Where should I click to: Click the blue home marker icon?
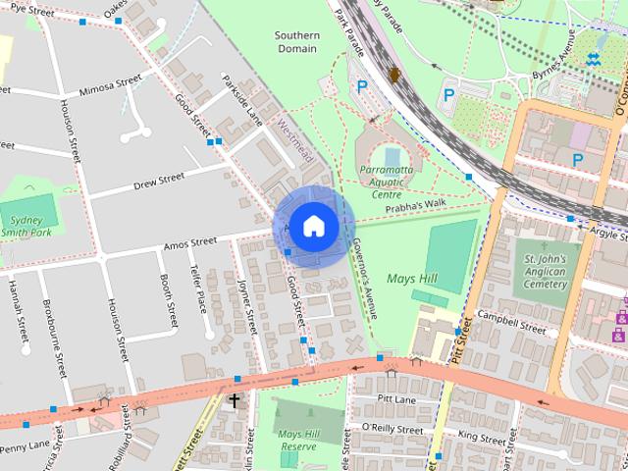pos(313,226)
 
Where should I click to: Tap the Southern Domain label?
pos(296,41)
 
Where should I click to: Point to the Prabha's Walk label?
pos(414,204)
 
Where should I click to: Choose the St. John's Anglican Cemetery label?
pos(541,265)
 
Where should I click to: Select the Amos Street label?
pos(190,241)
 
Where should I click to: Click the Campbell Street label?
pos(510,323)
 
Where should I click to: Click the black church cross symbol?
pos(234,400)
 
